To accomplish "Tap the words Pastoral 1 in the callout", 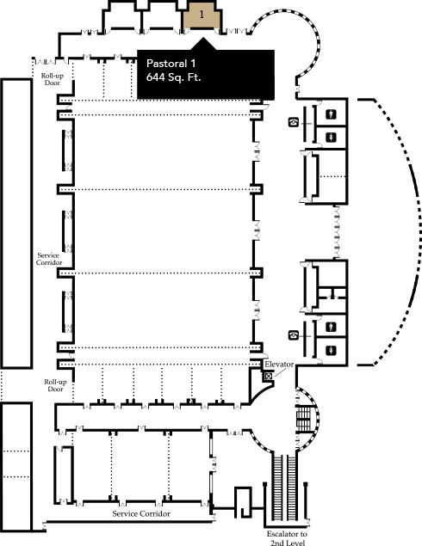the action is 171,64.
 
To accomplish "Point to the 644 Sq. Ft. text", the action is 173,77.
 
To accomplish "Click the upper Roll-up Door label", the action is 53,79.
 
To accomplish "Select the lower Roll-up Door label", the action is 55,385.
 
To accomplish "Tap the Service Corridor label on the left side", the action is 49,259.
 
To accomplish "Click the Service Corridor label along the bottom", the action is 141,513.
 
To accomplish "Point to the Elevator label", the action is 279,365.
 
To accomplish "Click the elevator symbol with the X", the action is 268,376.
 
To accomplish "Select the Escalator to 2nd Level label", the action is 287,538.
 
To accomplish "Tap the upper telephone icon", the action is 294,122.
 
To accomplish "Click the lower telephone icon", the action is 294,335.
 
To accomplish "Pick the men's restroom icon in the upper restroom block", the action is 331,113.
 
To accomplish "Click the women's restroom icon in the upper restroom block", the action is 331,138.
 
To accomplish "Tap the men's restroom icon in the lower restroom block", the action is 331,327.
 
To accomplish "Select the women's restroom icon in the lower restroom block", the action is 331,350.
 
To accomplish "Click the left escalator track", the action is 277,487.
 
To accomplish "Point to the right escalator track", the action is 292,487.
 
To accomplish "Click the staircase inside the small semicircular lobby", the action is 303,418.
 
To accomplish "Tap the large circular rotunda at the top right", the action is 319,46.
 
